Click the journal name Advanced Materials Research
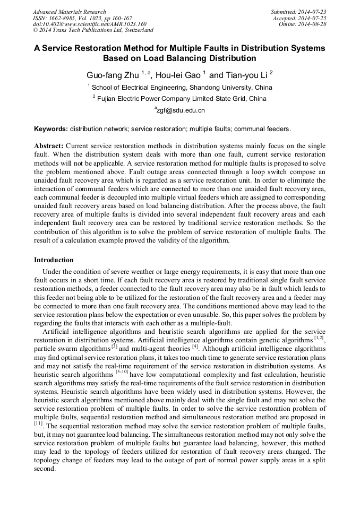click(70, 12)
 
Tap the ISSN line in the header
click(82, 18)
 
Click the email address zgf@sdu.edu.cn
click(179, 110)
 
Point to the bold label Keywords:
click(51, 129)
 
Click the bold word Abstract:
click(49, 145)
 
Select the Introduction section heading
click(54, 260)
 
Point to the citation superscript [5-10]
click(122, 372)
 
